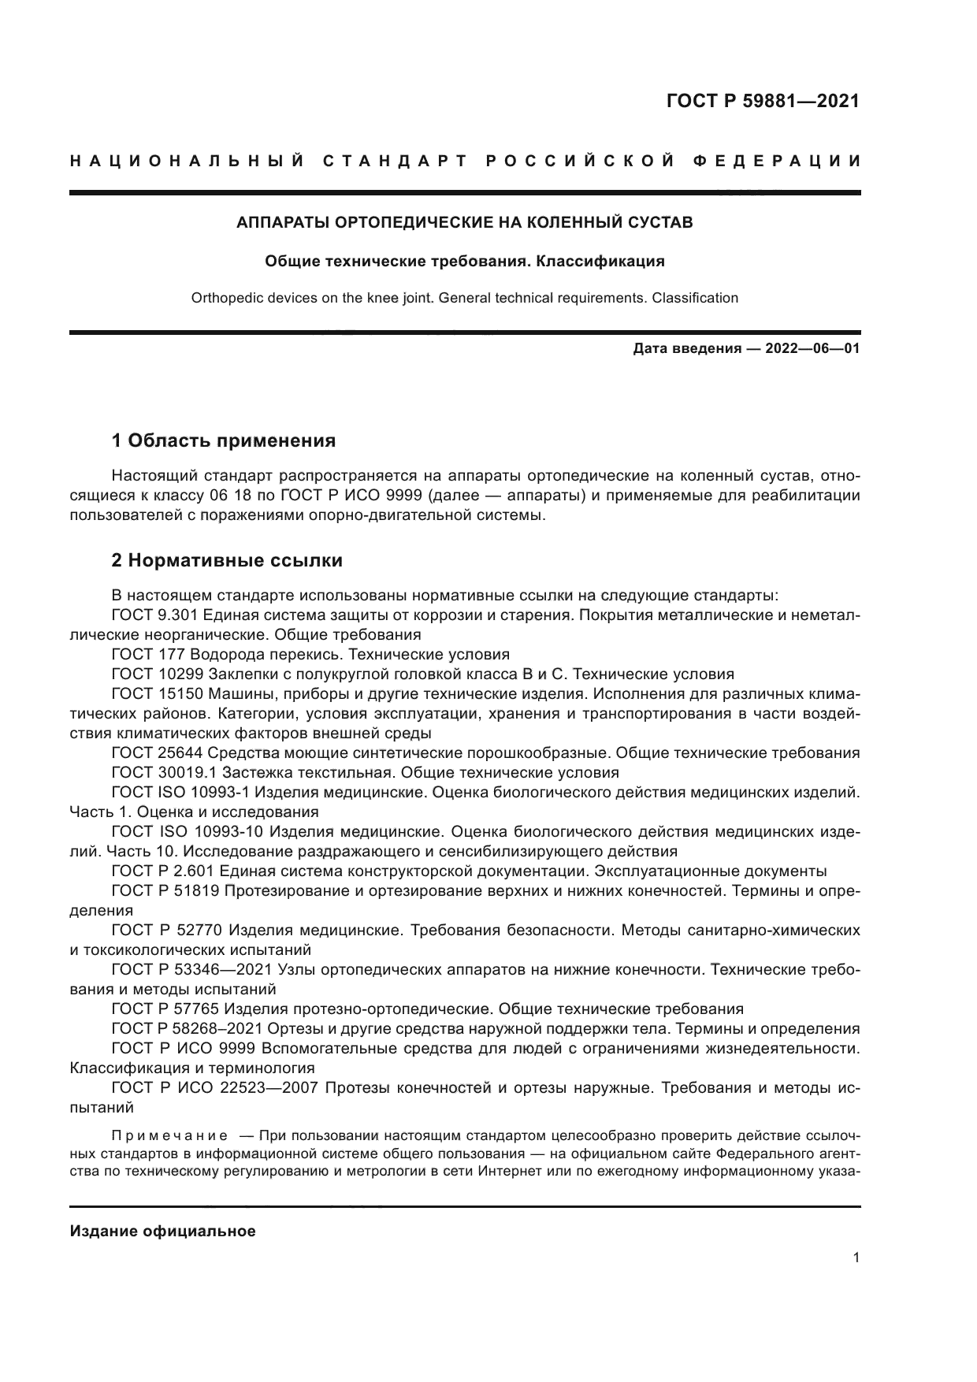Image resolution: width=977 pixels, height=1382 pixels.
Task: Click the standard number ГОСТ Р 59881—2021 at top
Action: point(763,101)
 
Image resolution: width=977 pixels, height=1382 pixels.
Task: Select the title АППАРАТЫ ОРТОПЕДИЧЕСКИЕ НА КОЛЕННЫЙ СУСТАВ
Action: point(465,222)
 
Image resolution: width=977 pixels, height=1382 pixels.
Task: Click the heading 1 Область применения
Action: point(224,440)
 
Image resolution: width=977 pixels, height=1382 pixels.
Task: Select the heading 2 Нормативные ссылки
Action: point(227,560)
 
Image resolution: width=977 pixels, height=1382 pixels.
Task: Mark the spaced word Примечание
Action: point(169,1135)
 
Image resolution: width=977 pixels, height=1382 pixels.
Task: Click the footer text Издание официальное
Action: point(162,1232)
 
